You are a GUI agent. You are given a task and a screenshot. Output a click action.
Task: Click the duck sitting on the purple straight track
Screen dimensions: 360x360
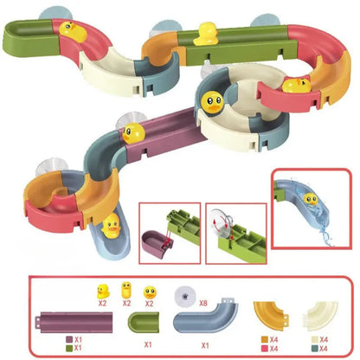133,133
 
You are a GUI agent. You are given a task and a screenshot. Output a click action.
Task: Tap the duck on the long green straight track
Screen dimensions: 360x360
206,34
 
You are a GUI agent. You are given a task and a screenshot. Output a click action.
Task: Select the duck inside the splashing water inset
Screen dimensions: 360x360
311,199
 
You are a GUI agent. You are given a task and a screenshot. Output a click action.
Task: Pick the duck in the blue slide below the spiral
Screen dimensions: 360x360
111,226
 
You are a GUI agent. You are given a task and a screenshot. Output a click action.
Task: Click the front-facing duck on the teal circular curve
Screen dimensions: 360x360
212,102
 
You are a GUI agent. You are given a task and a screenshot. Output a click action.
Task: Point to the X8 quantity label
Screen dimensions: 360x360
203,303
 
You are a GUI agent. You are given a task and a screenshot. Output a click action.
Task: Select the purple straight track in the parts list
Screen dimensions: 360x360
74,322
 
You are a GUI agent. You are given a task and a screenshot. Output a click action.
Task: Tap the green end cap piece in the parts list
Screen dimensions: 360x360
143,323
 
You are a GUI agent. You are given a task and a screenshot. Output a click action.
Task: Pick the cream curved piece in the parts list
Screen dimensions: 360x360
320,315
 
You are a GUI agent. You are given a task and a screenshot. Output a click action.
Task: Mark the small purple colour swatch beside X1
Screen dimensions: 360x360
69,339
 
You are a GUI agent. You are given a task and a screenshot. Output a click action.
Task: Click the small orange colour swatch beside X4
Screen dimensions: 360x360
265,339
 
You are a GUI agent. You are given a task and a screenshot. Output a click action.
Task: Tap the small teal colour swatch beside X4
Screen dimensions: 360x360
315,349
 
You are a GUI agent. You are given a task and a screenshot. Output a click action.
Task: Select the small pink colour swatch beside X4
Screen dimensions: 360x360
265,349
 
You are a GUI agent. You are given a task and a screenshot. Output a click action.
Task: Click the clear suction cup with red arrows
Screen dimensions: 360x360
222,222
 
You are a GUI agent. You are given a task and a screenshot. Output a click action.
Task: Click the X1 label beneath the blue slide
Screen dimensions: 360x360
205,345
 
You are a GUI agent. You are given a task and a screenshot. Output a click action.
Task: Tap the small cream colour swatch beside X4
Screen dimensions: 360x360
315,339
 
